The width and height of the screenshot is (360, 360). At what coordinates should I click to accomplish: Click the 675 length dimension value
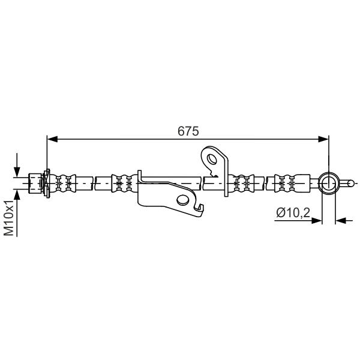(188, 131)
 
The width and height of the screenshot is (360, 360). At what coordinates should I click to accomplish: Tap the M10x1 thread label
(10, 218)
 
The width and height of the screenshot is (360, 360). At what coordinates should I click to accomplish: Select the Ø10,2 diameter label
(293, 212)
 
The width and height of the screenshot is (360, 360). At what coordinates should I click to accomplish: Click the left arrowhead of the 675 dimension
(52, 139)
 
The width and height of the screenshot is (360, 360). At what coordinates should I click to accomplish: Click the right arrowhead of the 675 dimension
(323, 139)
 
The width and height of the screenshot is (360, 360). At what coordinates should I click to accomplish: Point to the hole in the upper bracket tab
(212, 159)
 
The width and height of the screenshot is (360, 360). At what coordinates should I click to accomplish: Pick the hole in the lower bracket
(183, 200)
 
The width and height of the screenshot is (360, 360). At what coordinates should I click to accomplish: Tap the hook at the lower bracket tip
(200, 209)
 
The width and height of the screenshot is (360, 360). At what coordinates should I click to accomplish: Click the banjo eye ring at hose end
(329, 184)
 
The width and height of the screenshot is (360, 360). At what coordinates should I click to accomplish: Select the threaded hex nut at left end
(35, 183)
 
